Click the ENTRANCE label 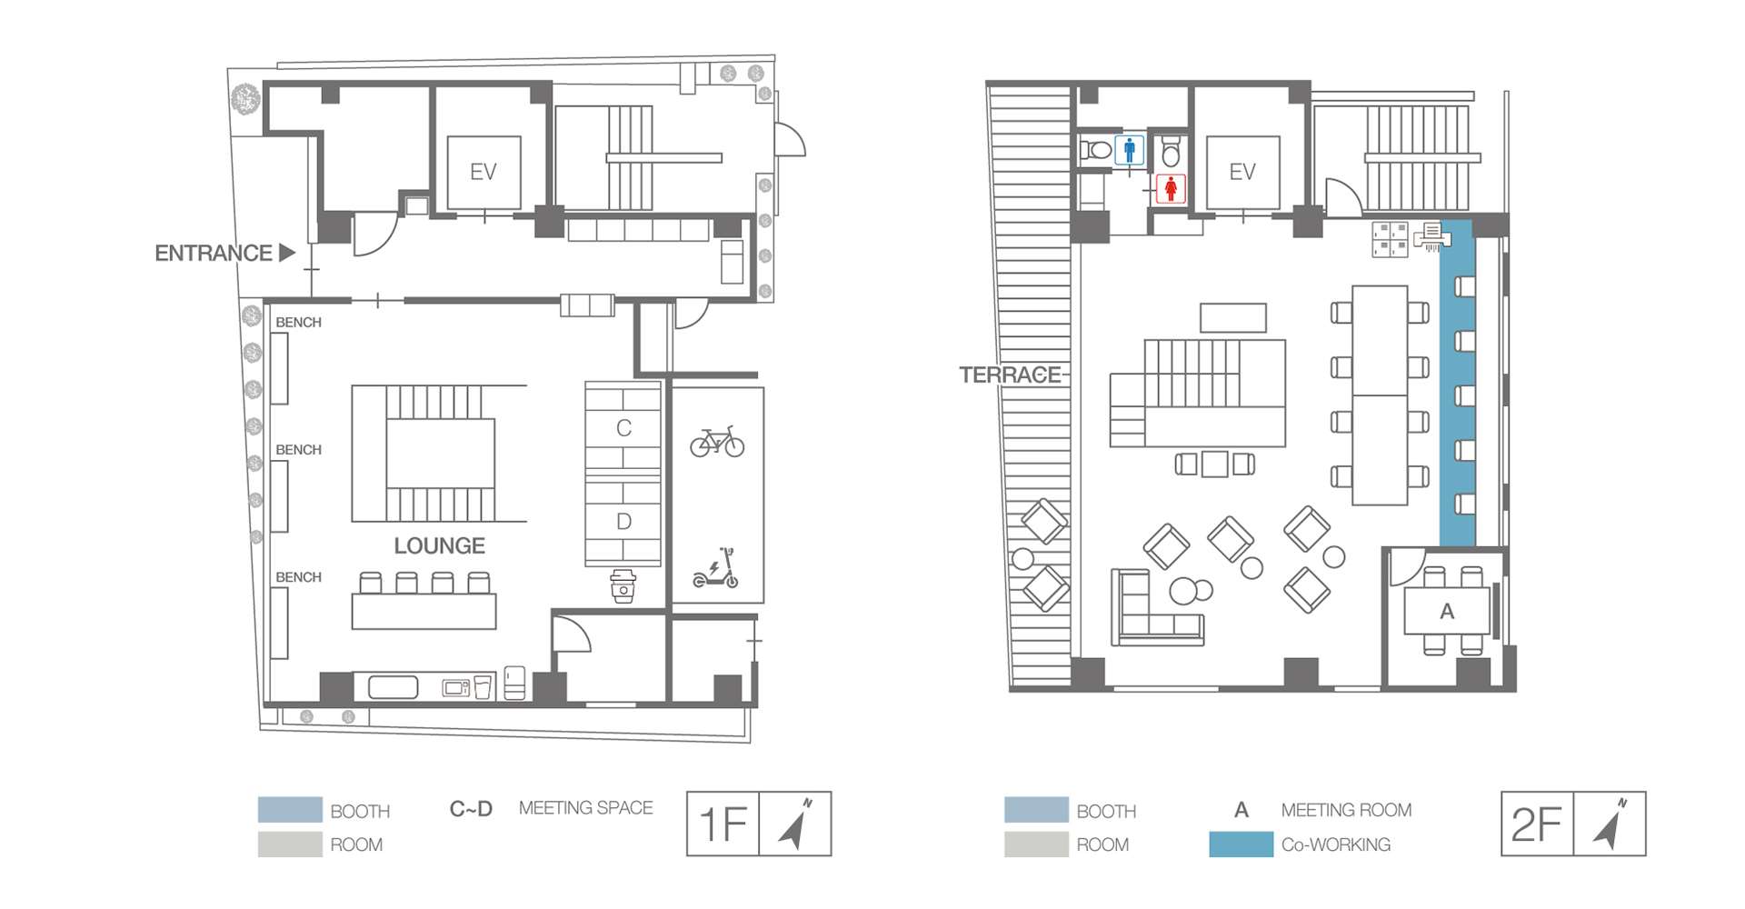(214, 253)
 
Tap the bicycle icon (717, 442)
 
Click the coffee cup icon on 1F (623, 586)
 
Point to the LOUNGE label (439, 545)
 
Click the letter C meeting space (623, 428)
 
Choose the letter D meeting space (623, 522)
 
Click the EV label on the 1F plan (483, 172)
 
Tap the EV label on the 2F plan (1242, 172)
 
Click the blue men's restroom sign (1130, 150)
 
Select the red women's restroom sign (1171, 188)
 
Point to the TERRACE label (1010, 375)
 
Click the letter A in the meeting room (1447, 612)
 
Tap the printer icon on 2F (1432, 236)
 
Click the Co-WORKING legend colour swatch (1241, 844)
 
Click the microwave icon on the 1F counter (455, 688)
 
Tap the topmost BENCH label (298, 322)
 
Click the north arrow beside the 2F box (1610, 824)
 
